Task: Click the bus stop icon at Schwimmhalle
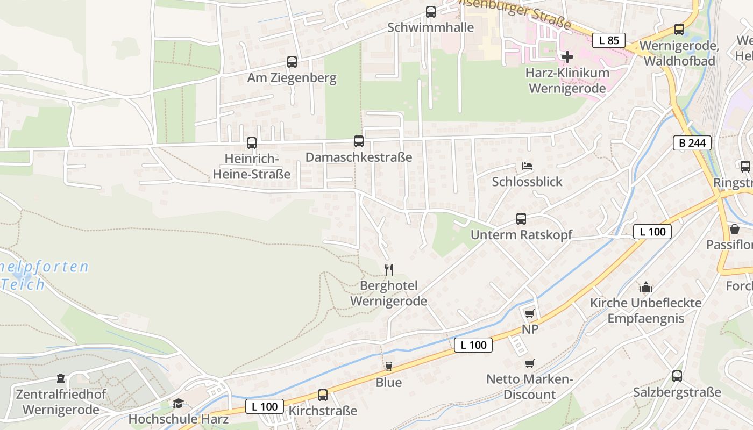pos(430,12)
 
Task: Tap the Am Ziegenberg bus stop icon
pos(292,62)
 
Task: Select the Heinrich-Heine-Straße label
pos(251,167)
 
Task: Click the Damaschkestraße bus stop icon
pos(359,141)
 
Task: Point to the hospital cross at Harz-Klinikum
pos(567,56)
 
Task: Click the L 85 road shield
pos(609,40)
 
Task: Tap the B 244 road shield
pos(692,143)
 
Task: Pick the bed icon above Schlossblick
pos(527,166)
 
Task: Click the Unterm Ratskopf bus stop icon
pos(521,219)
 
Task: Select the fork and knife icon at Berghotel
pos(389,269)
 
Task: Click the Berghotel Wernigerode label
pos(389,293)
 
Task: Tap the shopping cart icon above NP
pos(530,313)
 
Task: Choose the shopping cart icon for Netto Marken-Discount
pos(530,363)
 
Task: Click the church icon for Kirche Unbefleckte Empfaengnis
pos(645,287)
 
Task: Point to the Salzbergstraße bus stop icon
pos(677,376)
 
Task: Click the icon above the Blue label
pos(388,367)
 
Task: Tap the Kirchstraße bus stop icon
pos(323,395)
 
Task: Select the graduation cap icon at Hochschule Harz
pos(178,403)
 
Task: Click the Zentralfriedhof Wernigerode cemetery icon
pos(60,379)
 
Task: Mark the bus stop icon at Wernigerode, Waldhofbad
pos(679,30)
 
